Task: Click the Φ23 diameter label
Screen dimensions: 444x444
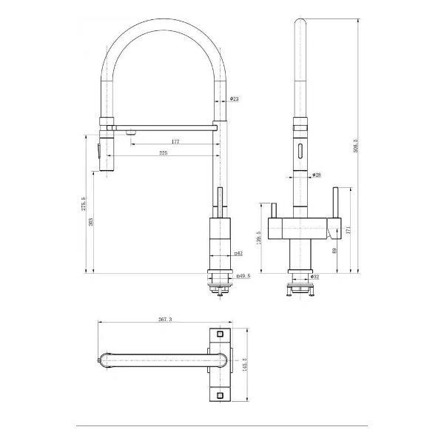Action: tap(234, 98)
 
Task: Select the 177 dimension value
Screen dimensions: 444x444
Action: tap(175, 141)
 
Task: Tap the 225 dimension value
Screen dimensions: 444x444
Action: tap(163, 153)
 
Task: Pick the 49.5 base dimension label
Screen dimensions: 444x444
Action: tap(242, 277)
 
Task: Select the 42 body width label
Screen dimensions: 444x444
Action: tap(238, 254)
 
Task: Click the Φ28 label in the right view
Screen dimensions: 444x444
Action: tap(316, 175)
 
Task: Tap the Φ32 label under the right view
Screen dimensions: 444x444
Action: tap(314, 277)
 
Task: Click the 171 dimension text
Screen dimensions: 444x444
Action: tap(349, 232)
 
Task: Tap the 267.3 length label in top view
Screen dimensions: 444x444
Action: tap(166, 320)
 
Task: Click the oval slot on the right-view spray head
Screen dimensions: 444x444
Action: tap(300, 152)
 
